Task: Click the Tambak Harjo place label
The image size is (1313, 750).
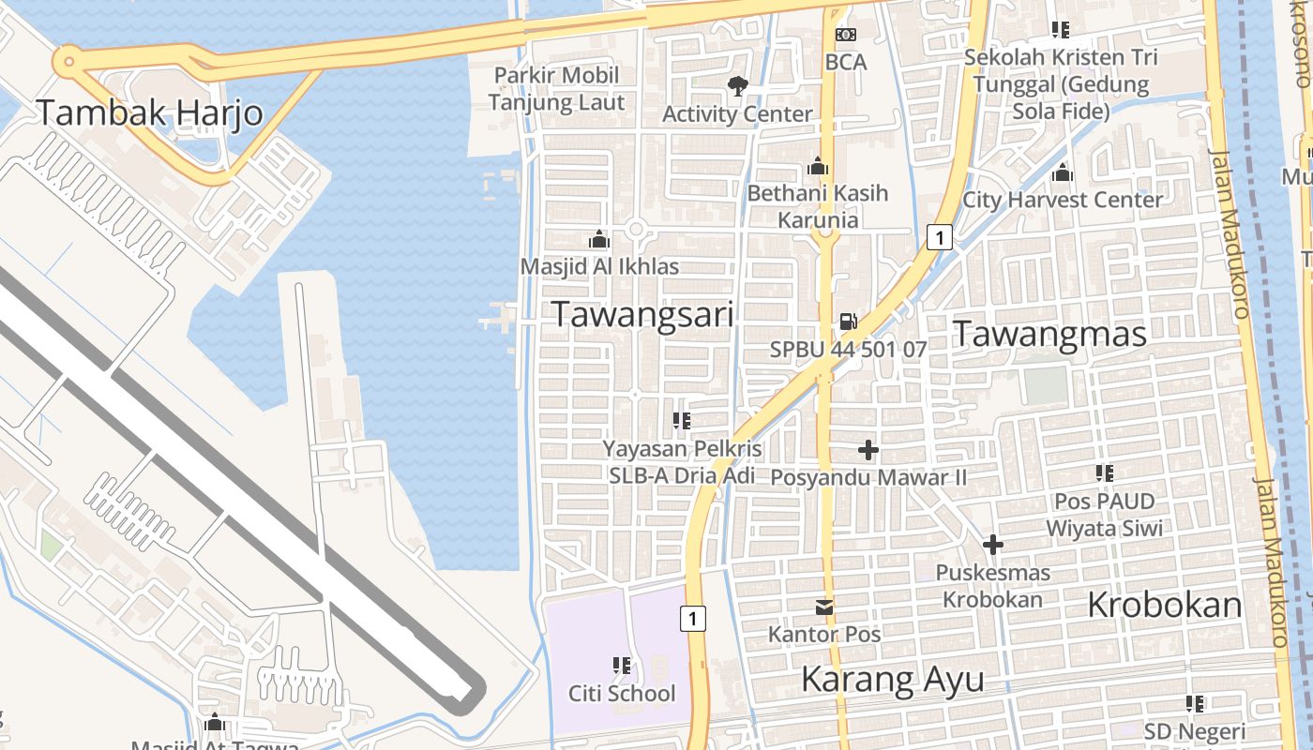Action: tap(149, 113)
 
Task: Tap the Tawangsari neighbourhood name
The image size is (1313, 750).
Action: tap(642, 315)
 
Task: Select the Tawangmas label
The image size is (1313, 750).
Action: tap(1050, 334)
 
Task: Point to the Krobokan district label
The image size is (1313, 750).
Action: tap(1165, 606)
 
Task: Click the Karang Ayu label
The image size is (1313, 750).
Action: tap(893, 680)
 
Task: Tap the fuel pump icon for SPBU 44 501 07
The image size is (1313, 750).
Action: tap(847, 322)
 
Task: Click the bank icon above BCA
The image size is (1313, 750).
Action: tap(846, 36)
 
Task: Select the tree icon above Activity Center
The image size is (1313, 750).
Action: tap(738, 86)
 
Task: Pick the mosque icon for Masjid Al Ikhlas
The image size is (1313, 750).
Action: tap(599, 240)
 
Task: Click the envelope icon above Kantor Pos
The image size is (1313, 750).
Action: tap(824, 607)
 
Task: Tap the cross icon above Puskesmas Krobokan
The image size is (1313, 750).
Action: tap(993, 545)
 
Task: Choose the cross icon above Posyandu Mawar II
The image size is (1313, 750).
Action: tap(868, 450)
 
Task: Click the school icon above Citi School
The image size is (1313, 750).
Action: tap(622, 667)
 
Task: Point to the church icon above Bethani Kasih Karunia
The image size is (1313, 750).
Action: tap(818, 167)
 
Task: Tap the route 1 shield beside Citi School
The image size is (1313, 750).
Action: tap(692, 619)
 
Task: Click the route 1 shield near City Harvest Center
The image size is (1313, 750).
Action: tap(939, 237)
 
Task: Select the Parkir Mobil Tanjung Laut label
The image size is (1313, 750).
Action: tap(556, 89)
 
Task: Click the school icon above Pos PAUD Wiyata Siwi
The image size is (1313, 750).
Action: tap(1105, 474)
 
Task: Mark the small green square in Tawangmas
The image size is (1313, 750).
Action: tap(1046, 385)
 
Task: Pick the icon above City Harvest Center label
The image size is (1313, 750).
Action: tap(1063, 173)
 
